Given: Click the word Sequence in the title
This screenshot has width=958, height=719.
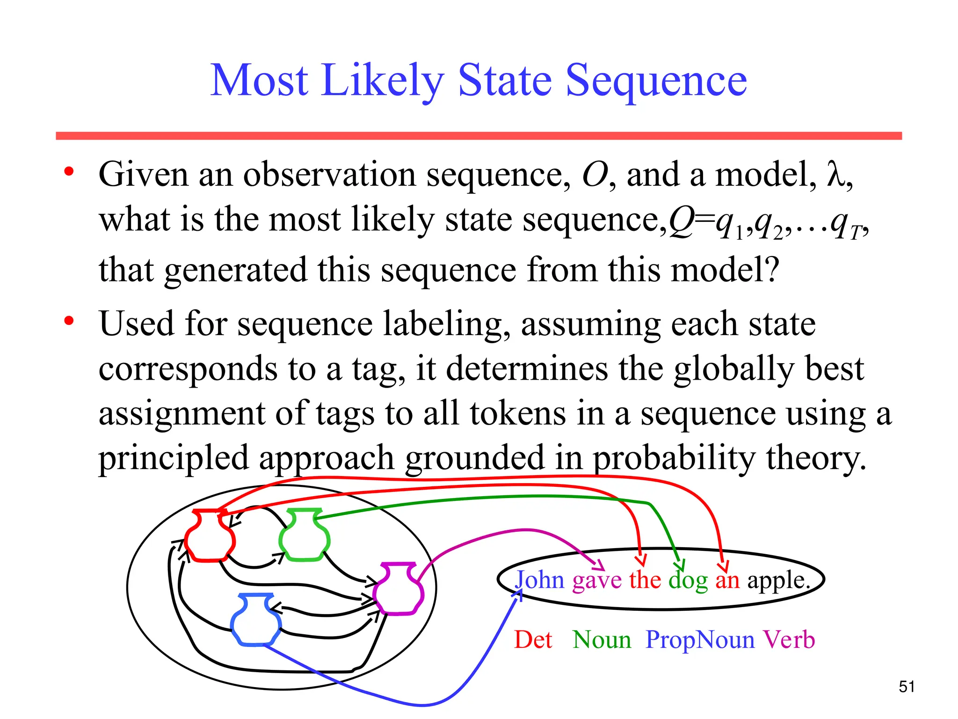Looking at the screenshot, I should (656, 82).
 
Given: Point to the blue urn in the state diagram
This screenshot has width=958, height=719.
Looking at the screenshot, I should (256, 620).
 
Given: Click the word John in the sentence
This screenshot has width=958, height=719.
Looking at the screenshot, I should (540, 580).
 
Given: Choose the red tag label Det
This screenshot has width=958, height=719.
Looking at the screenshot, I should (533, 639).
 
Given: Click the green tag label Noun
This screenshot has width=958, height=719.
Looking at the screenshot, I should (602, 639).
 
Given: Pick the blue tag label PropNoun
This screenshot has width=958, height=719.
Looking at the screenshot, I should (700, 640).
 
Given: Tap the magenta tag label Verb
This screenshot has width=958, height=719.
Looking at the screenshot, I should (789, 639).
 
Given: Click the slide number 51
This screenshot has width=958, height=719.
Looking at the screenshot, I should (907, 687).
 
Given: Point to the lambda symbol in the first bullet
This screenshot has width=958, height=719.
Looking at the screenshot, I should (836, 175).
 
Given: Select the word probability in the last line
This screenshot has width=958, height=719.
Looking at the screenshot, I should (674, 458).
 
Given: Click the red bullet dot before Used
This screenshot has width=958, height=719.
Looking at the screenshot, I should (69, 321).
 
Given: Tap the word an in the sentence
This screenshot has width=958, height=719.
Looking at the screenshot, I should (727, 581).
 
